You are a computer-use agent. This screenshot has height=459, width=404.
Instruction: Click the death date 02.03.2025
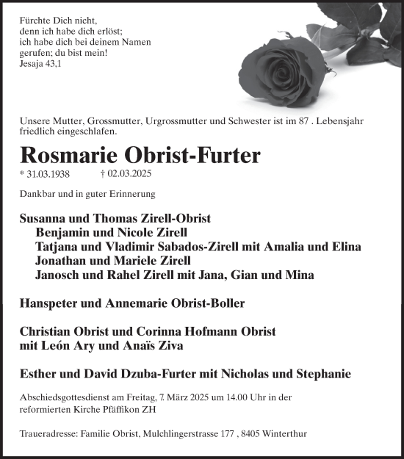coord(129,175)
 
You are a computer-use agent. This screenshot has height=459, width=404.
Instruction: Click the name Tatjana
coord(57,247)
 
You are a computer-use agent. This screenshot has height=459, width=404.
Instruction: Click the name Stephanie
coord(327,374)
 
